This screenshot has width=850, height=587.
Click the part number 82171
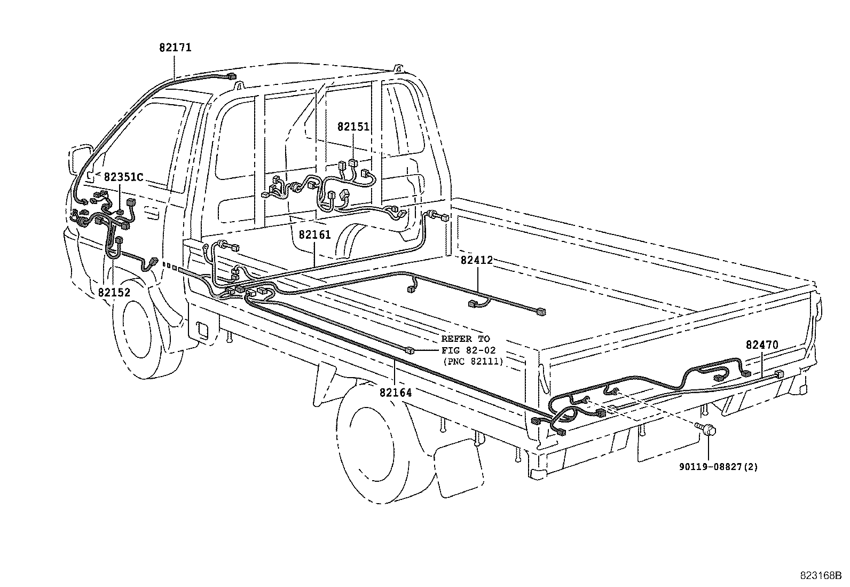tap(175, 48)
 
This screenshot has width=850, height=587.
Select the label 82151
tap(353, 127)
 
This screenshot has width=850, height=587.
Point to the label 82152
tap(114, 292)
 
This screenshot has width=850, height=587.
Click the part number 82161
tap(314, 234)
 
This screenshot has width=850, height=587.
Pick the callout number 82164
tap(396, 393)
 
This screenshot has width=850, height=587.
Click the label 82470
tap(762, 345)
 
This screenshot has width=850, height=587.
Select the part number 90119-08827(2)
tap(718, 467)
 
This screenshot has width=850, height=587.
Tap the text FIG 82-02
tap(466, 350)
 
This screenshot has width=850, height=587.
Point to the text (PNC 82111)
tap(473, 362)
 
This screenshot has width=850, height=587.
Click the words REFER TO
tap(465, 339)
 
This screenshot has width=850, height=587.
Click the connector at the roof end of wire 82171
tap(231, 76)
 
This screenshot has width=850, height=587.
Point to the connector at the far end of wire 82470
tap(780, 374)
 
